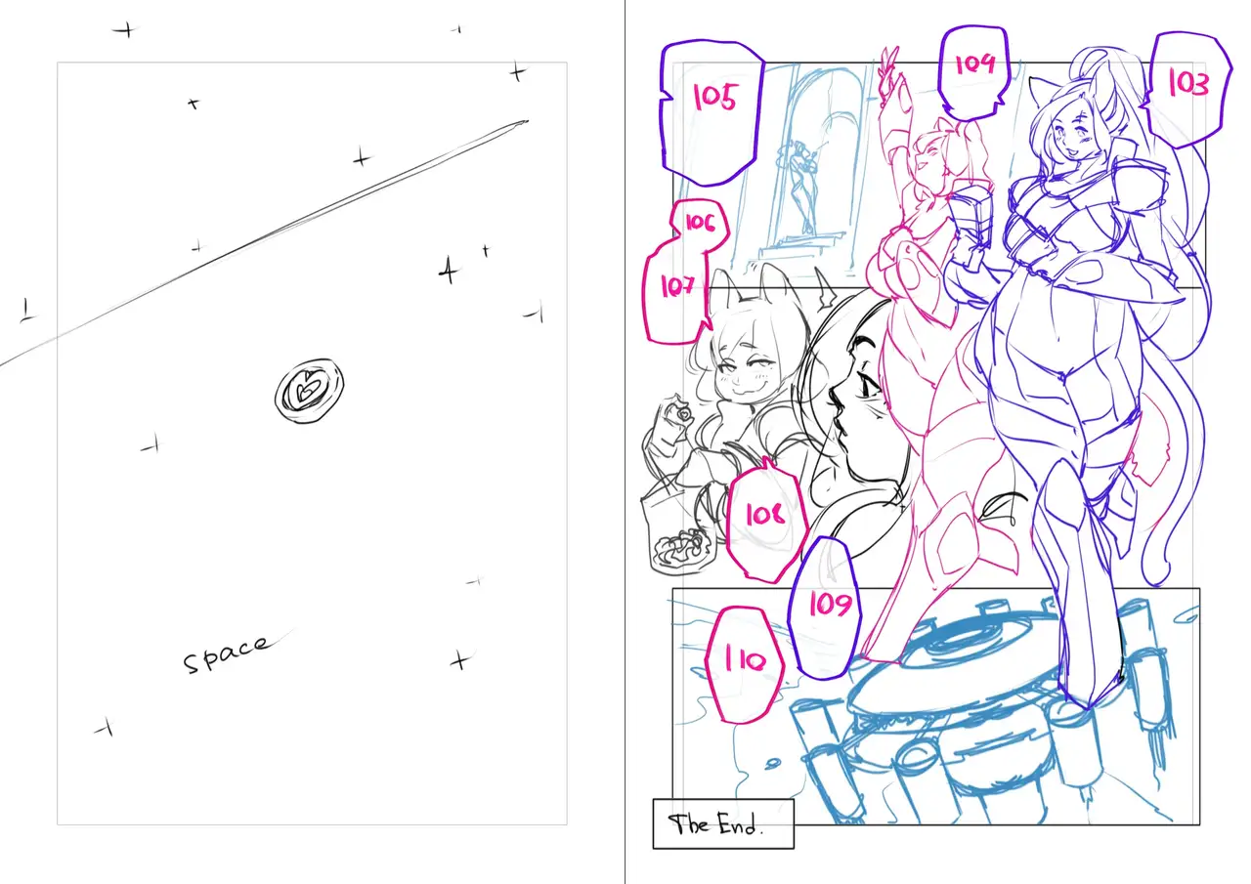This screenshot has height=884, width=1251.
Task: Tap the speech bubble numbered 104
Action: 974,71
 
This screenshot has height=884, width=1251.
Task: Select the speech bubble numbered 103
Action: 1186,89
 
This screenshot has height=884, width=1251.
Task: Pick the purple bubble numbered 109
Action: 827,609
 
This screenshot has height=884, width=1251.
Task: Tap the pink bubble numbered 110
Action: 745,664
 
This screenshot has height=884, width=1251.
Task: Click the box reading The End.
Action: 723,823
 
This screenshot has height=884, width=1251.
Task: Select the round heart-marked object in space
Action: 309,391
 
